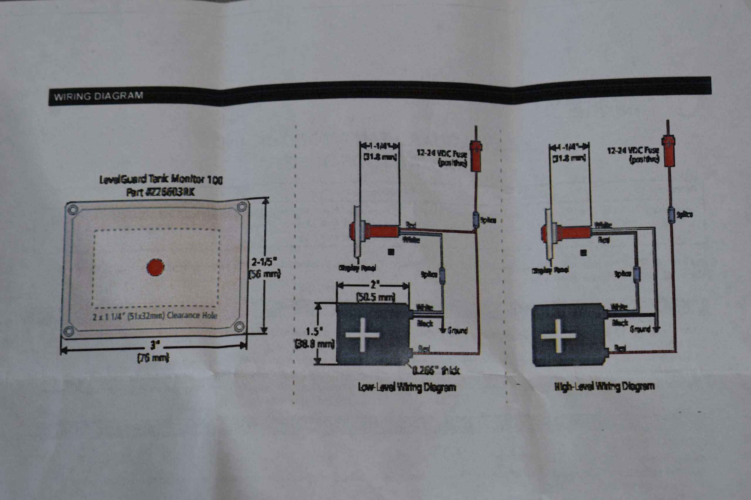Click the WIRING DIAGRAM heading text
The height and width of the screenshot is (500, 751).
click(x=98, y=96)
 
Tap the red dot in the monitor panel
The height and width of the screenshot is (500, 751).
click(x=155, y=267)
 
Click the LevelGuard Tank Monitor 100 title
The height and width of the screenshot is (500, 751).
click(x=161, y=180)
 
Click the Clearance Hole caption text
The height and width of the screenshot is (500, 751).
click(x=155, y=316)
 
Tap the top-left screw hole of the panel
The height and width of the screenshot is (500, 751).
click(x=73, y=210)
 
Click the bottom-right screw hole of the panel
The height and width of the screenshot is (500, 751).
click(x=239, y=326)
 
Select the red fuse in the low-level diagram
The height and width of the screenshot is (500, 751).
click(x=476, y=156)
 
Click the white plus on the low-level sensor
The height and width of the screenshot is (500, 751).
click(x=362, y=335)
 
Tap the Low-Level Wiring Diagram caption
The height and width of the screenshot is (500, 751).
click(x=407, y=388)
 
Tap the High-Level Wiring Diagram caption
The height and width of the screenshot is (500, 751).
click(x=604, y=386)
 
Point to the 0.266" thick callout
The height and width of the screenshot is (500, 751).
click(x=436, y=370)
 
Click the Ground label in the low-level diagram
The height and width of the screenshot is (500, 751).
click(x=457, y=330)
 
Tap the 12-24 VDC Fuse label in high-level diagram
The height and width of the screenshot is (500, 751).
click(x=633, y=154)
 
